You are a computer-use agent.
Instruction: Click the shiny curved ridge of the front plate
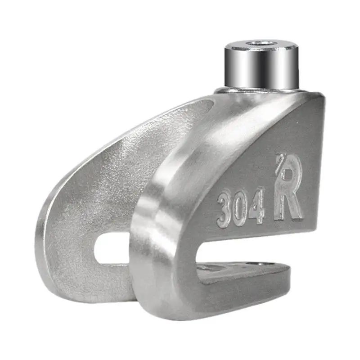(171, 180)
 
